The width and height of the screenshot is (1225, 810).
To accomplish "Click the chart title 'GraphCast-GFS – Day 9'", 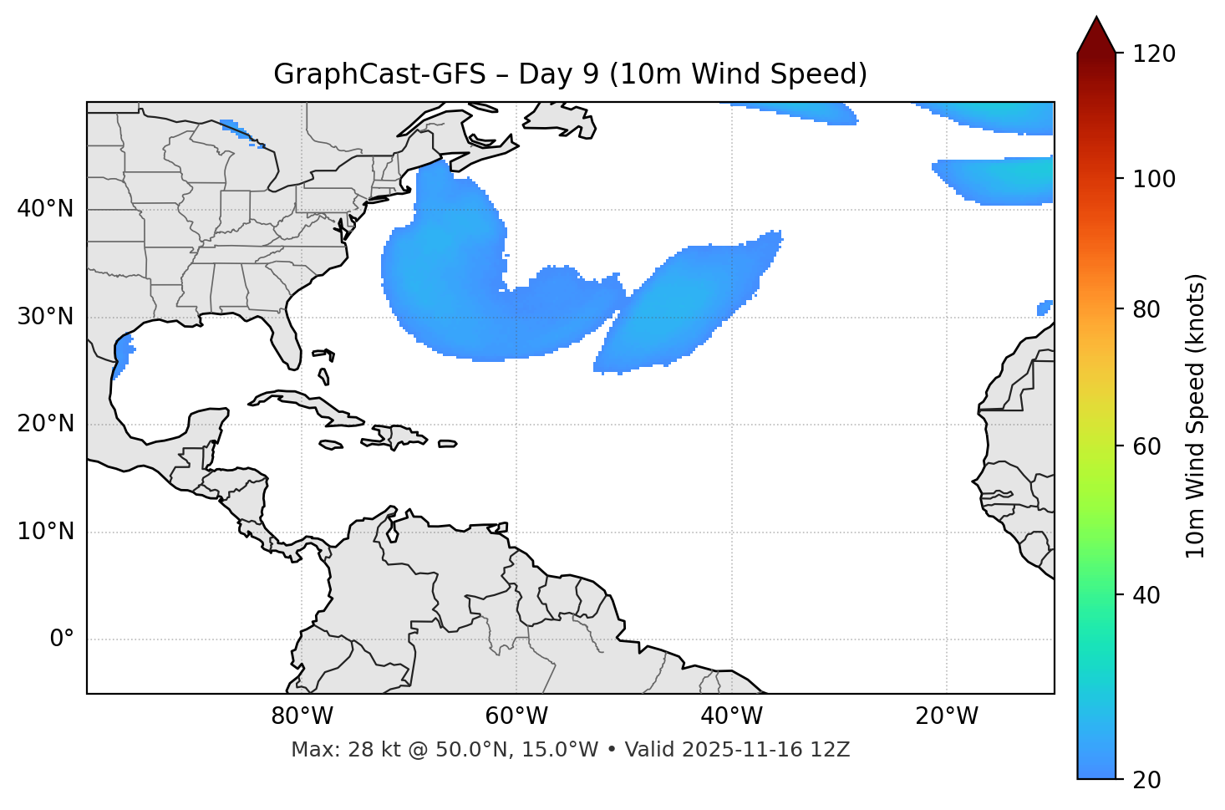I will (570, 74).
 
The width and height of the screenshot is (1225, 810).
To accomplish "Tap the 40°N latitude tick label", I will (45, 209).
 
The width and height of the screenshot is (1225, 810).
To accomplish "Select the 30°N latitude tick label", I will (45, 317).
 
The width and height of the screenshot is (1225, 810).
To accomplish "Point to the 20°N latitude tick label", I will (45, 424).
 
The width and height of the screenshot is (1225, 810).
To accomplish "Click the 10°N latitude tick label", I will (45, 532).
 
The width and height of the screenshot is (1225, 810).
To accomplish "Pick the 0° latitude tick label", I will (61, 639).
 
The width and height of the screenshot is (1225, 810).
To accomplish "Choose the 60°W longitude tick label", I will (516, 716).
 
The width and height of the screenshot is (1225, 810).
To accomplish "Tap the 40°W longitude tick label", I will (731, 716).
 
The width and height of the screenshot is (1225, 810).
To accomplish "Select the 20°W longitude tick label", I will (946, 716).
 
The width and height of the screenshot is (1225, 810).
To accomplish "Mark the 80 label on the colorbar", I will (1151, 309).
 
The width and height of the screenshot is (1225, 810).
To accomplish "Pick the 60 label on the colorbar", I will (1151, 446).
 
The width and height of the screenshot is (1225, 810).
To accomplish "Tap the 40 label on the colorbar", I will (1151, 595).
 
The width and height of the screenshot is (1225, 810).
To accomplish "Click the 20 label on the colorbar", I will (1151, 780).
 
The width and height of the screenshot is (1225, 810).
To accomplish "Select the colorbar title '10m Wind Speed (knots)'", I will (1196, 415).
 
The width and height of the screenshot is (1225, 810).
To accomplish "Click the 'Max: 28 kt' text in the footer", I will (330, 750).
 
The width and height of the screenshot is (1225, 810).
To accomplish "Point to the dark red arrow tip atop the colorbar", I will (1096, 33).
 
